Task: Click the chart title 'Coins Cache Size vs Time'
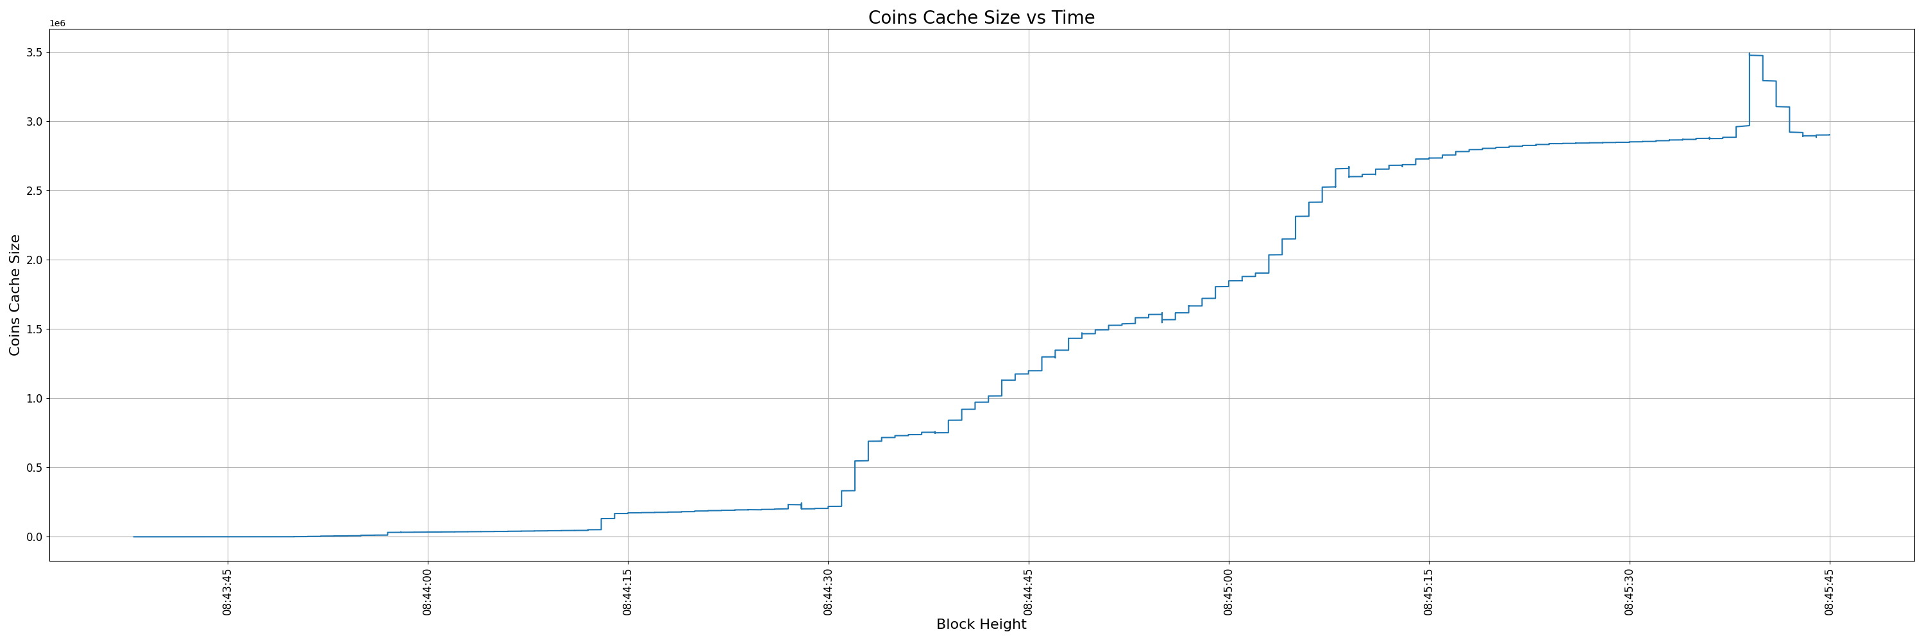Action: click(x=981, y=17)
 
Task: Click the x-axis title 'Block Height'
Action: click(x=981, y=624)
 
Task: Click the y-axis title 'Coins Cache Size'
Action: click(x=15, y=295)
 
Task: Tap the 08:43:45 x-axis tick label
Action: click(x=228, y=592)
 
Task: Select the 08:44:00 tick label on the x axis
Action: click(x=428, y=592)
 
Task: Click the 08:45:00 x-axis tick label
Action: click(x=1229, y=592)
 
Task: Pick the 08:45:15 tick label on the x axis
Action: click(x=1429, y=592)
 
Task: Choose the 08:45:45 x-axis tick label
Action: click(x=1829, y=592)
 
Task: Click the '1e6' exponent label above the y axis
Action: click(x=58, y=24)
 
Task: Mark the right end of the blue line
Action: click(x=1829, y=135)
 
